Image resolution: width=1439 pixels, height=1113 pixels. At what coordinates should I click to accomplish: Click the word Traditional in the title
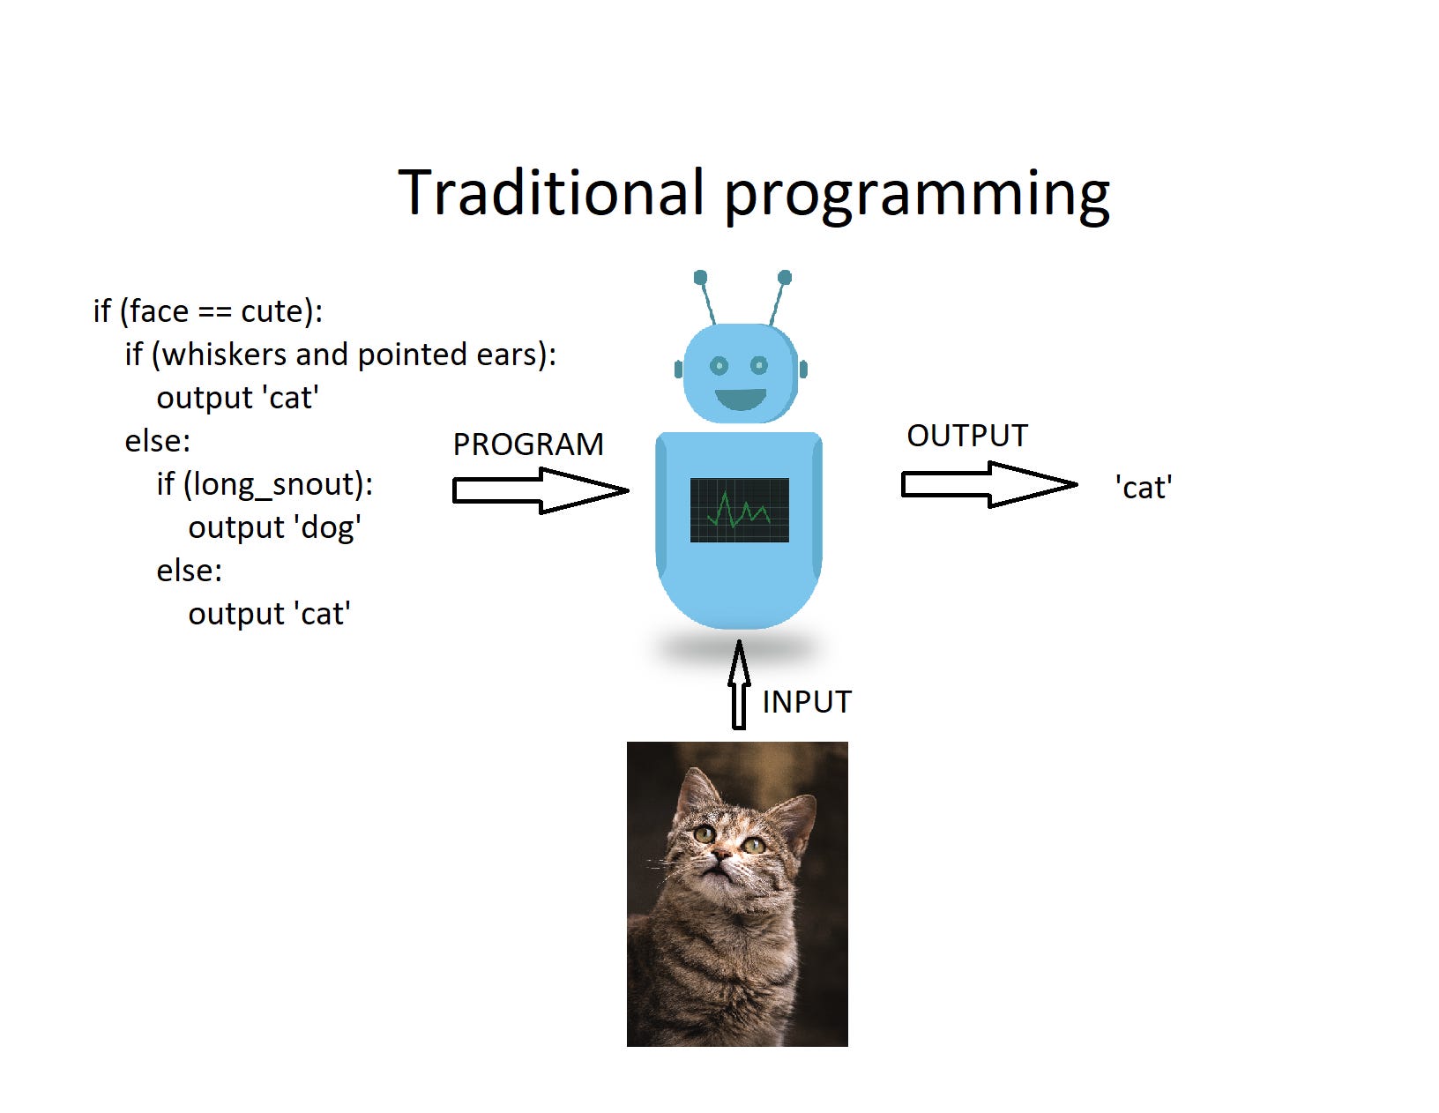pyautogui.click(x=551, y=192)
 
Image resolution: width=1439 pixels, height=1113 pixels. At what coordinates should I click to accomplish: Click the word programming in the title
pyautogui.click(x=917, y=196)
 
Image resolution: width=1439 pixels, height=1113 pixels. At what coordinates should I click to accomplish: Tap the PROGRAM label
pyautogui.click(x=528, y=444)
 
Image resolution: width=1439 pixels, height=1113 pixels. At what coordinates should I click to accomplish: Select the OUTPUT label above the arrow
pyautogui.click(x=967, y=436)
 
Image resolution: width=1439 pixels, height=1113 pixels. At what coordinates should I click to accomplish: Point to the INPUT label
pyautogui.click(x=807, y=702)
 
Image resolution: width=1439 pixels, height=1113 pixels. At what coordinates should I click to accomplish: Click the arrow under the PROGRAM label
pyautogui.click(x=540, y=490)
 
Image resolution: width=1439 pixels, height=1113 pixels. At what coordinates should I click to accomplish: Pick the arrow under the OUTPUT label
pyautogui.click(x=988, y=484)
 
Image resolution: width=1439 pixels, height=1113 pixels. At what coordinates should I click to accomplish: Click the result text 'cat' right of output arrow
pyautogui.click(x=1144, y=488)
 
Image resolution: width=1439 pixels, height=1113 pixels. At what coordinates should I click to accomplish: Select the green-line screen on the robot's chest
pyautogui.click(x=739, y=510)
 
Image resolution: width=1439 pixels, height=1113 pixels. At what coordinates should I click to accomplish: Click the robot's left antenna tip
pyautogui.click(x=700, y=278)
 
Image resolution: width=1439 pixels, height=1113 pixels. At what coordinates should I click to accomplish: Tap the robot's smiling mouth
pyautogui.click(x=741, y=399)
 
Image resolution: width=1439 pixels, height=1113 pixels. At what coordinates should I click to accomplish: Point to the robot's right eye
pyautogui.click(x=759, y=365)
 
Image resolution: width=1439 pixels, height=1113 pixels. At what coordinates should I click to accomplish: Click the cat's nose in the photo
pyautogui.click(x=723, y=855)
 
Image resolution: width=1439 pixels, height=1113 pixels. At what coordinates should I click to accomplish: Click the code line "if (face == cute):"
pyautogui.click(x=208, y=311)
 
